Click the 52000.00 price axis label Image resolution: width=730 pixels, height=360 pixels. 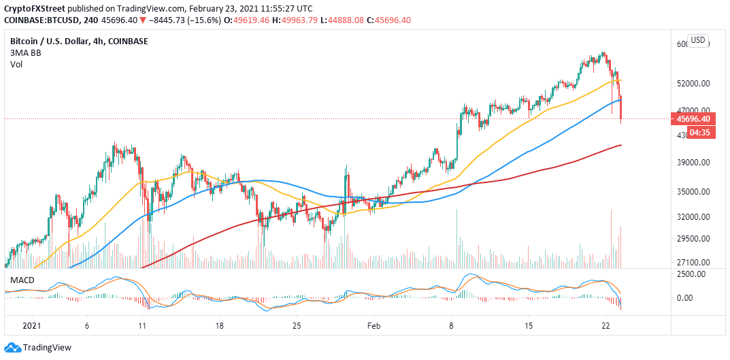click(694, 84)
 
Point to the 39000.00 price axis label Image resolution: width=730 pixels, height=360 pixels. click(694, 163)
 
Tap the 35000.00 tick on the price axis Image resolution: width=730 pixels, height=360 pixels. click(694, 192)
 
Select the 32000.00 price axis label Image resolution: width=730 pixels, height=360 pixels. click(694, 217)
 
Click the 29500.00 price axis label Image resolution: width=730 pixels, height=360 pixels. click(694, 239)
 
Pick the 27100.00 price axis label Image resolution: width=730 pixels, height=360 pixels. click(694, 262)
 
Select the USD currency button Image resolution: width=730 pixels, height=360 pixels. click(697, 40)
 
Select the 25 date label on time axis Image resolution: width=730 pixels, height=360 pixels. click(296, 326)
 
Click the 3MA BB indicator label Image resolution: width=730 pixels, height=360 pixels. click(26, 54)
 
